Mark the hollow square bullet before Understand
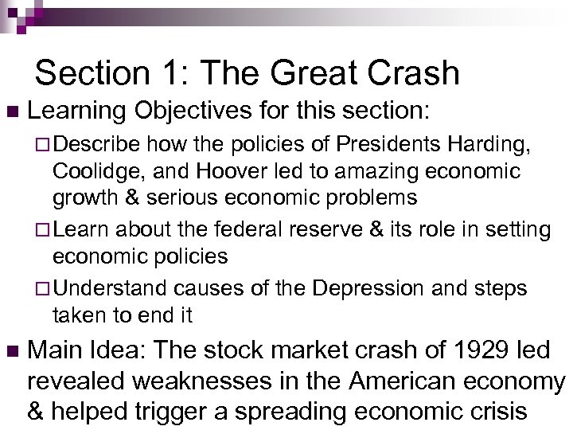coord(42,288)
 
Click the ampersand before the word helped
coord(36,412)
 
